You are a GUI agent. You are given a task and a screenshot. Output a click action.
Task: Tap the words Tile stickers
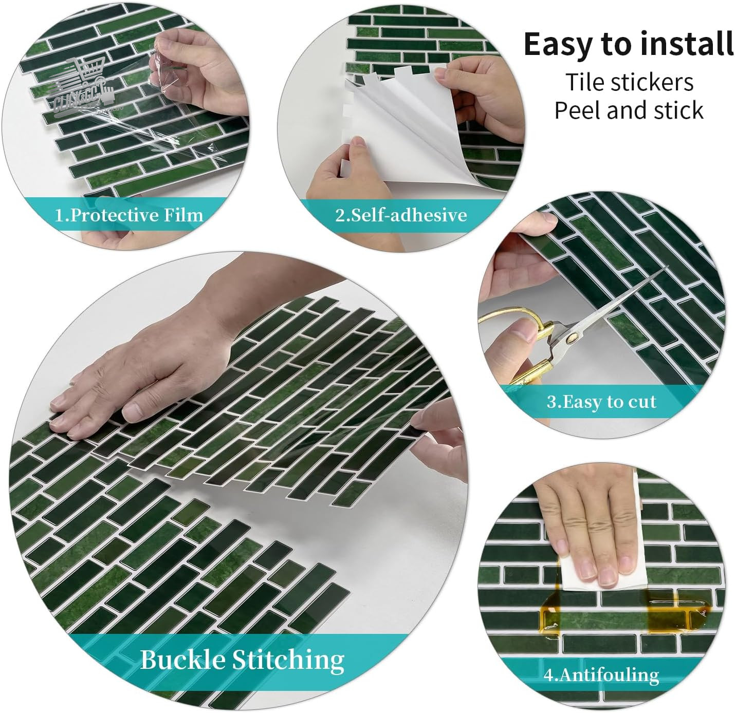click(629, 82)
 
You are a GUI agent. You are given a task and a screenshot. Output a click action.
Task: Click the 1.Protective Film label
click(129, 216)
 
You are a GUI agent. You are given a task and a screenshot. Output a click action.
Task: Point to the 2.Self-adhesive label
click(401, 215)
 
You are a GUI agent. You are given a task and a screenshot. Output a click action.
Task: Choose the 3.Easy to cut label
click(601, 402)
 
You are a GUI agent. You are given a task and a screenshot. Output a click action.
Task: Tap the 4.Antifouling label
click(601, 676)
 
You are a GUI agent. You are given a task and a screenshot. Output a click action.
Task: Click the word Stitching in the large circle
click(288, 661)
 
